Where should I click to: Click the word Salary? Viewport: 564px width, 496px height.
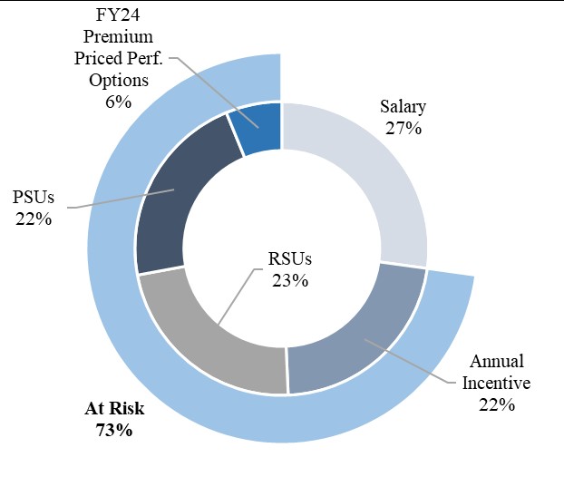pyautogui.click(x=403, y=107)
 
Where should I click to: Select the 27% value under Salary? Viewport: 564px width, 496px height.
pyautogui.click(x=403, y=129)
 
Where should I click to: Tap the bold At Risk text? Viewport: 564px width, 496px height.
pyautogui.click(x=114, y=409)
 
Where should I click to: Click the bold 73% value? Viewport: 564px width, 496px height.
pyautogui.click(x=114, y=431)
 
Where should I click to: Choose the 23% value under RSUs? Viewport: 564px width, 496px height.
pyautogui.click(x=291, y=281)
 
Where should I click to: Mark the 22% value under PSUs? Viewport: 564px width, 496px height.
pyautogui.click(x=34, y=219)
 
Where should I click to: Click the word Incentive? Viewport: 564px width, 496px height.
pyautogui.click(x=496, y=383)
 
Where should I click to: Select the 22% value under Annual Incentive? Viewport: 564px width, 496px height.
pyautogui.click(x=496, y=404)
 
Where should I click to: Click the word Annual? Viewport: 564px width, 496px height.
pyautogui.click(x=496, y=361)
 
